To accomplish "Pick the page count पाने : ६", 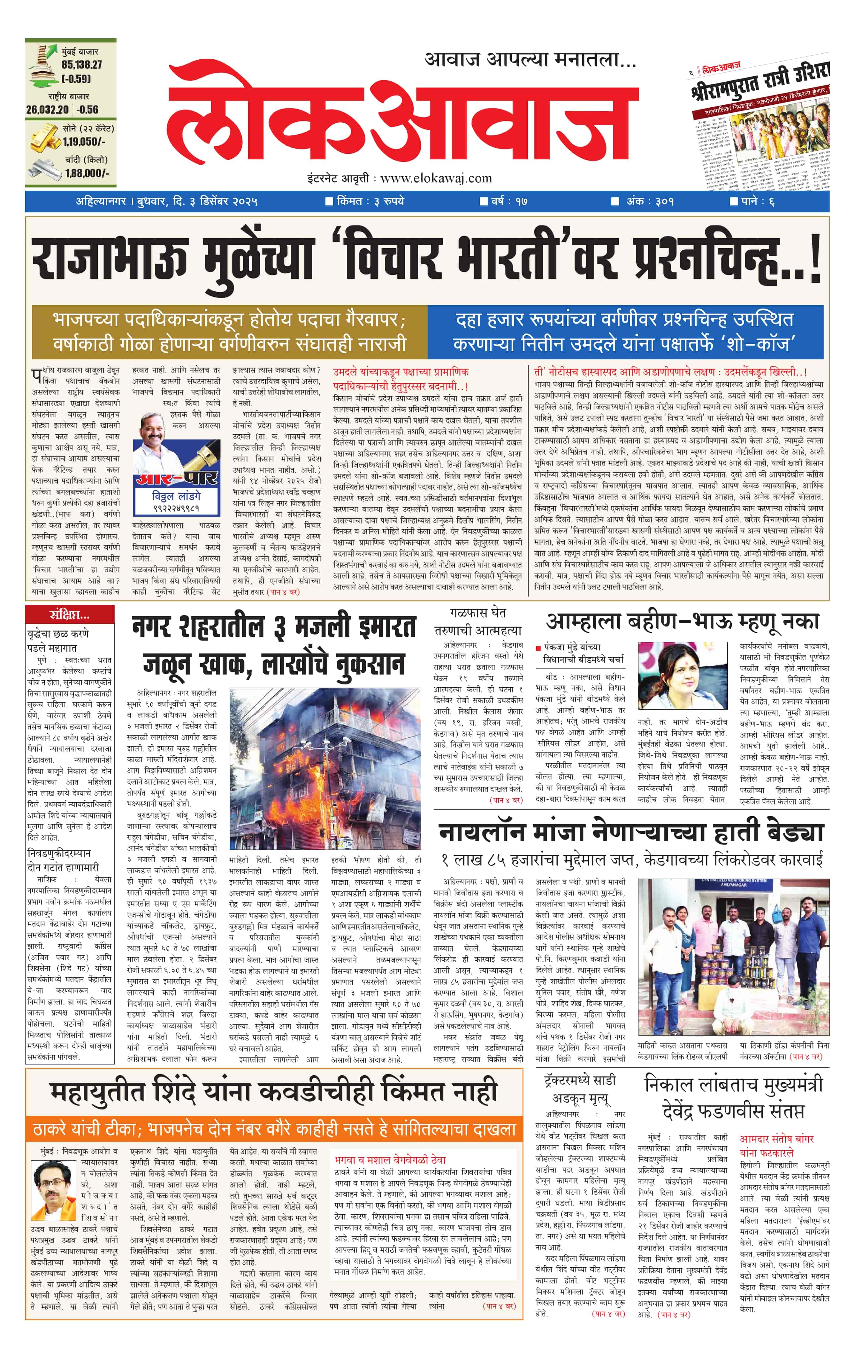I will tap(753, 201).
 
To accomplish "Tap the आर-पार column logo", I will tap(176, 478).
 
